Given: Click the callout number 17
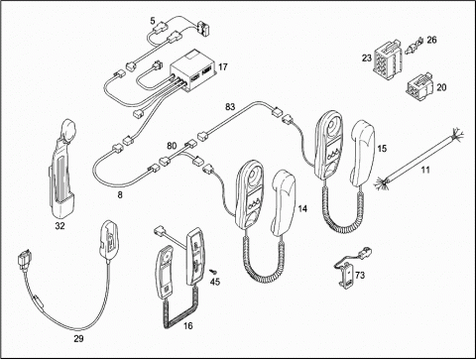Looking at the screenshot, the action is (x=223, y=66).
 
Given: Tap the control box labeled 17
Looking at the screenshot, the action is (x=193, y=69).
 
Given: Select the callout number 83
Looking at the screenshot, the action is (x=230, y=107).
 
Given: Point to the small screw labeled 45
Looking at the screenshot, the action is (x=213, y=272).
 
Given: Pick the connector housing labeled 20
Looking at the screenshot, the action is (x=419, y=88).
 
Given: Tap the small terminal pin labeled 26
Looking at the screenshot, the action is (x=415, y=46).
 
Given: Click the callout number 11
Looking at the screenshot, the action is (x=425, y=170).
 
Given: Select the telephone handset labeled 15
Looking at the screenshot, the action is (x=363, y=154).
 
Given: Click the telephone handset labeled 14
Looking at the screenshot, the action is (x=284, y=203).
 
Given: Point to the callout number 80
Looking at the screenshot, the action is (x=172, y=146).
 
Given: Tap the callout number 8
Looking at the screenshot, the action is (x=120, y=195).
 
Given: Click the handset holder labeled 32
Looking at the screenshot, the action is (x=61, y=169).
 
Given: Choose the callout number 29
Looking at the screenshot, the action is (x=78, y=338).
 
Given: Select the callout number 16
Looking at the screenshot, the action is (x=187, y=326).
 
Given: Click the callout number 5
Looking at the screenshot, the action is (x=153, y=21).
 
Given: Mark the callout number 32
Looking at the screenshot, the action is (x=59, y=226).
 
